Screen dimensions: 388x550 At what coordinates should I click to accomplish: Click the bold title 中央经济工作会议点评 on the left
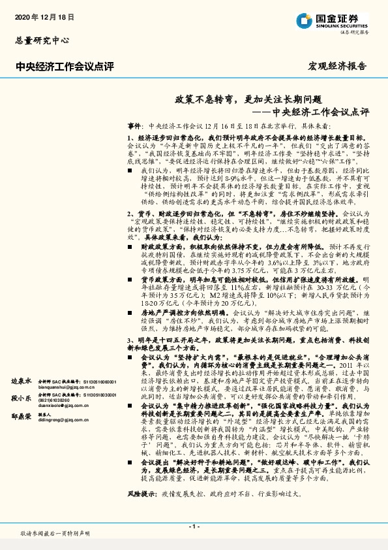click(64, 65)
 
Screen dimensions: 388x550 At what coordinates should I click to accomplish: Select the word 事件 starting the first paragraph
click(134, 123)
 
